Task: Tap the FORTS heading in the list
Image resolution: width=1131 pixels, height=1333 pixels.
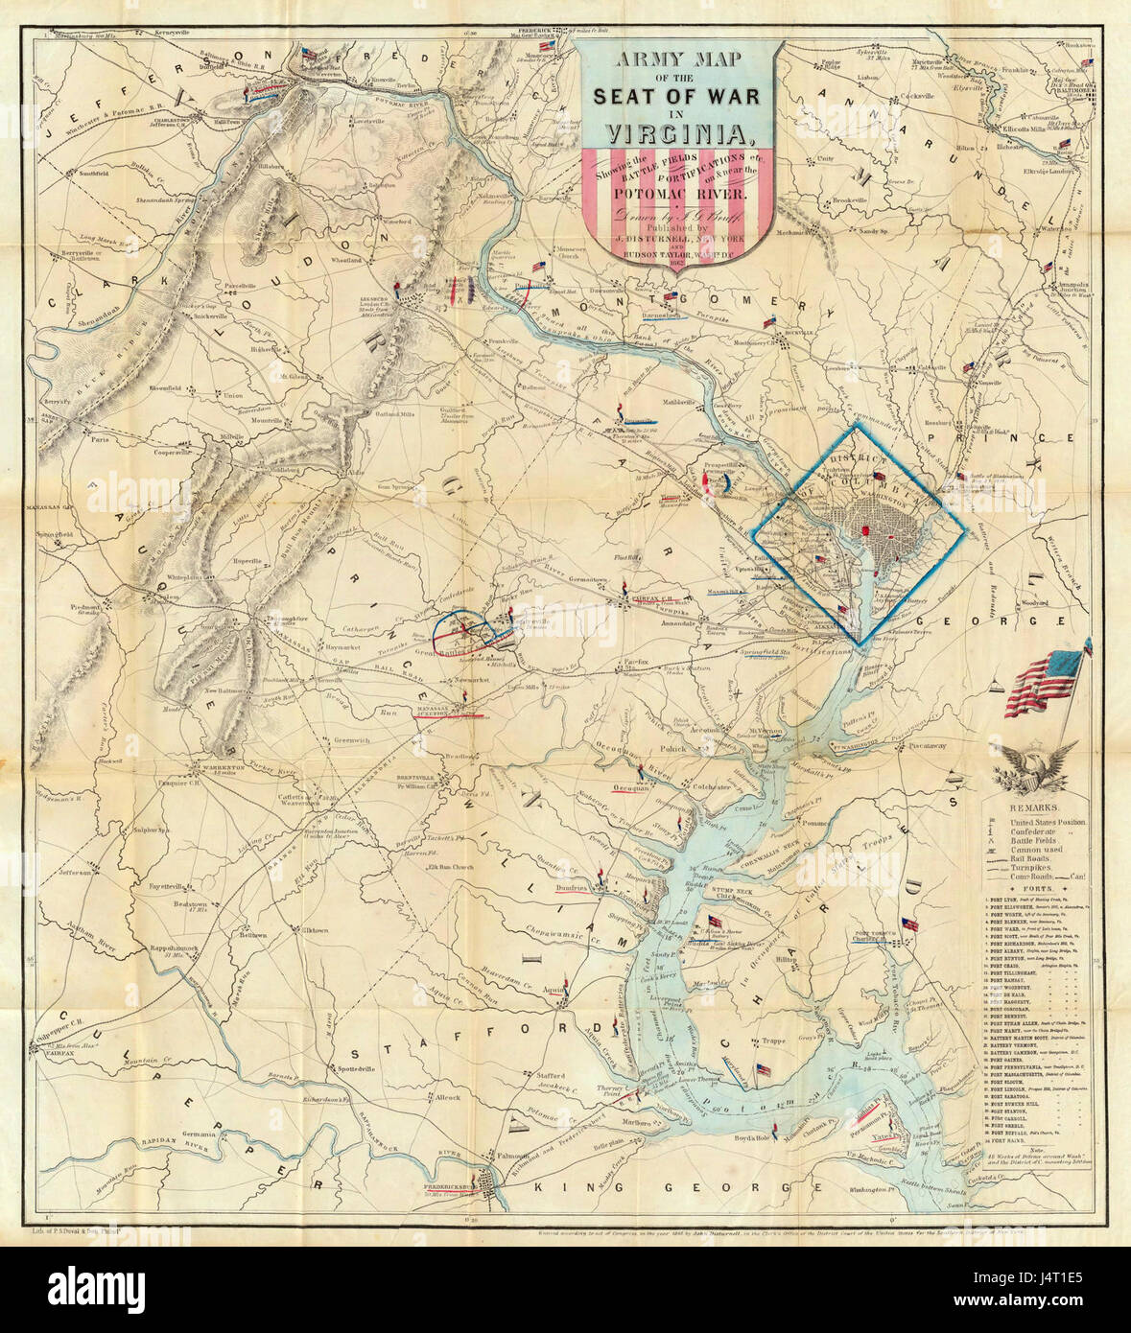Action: tap(1033, 889)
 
